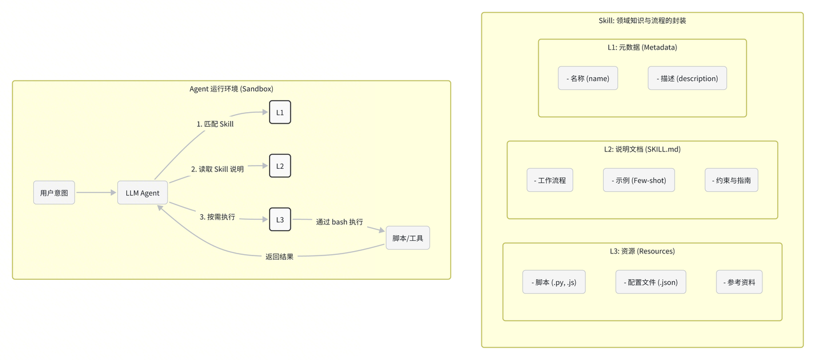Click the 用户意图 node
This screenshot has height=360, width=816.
[54, 193]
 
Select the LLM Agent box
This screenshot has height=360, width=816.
[142, 193]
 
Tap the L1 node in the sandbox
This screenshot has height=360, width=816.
[280, 113]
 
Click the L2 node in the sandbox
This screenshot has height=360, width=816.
[280, 166]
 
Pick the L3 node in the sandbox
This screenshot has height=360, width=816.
[280, 220]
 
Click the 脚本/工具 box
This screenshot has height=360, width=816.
[408, 238]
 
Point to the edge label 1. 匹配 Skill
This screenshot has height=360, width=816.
[215, 124]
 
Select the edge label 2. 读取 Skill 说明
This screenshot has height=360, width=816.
[217, 169]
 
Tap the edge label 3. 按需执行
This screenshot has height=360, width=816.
[217, 217]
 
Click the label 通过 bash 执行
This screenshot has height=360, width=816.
[339, 222]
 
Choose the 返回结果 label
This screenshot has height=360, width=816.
[279, 257]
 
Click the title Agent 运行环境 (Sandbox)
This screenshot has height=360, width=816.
[231, 89]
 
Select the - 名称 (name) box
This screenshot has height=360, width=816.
[588, 79]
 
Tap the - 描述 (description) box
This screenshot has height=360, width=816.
[687, 79]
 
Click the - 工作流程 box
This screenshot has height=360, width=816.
[550, 181]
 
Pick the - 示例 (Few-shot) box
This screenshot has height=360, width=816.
[639, 181]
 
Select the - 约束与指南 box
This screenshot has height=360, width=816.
[731, 181]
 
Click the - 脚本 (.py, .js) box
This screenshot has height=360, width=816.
[554, 282]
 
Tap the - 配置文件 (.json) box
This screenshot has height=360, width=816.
[651, 282]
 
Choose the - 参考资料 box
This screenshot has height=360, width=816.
[739, 282]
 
